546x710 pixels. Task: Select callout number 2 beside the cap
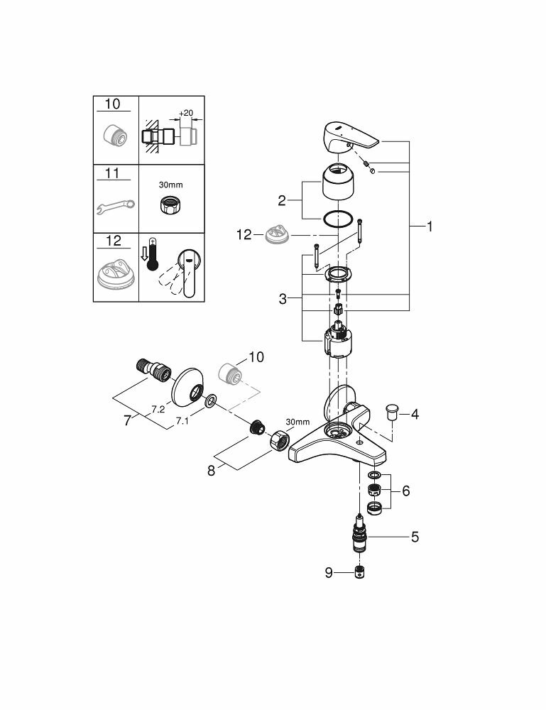282,201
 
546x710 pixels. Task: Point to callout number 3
283,299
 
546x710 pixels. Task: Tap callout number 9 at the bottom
329,572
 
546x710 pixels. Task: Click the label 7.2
158,410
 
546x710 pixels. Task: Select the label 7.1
182,421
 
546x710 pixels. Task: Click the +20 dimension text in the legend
186,114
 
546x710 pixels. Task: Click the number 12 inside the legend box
113,240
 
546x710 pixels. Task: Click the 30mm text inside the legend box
170,184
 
